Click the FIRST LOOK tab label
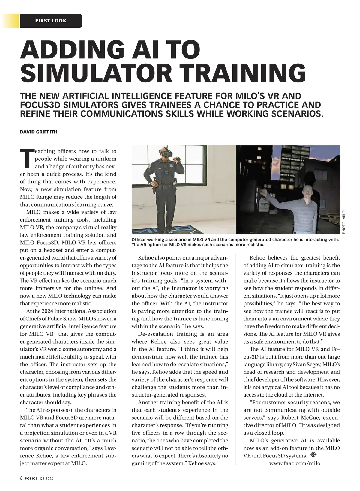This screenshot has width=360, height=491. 51,21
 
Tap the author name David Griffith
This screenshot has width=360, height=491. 38,132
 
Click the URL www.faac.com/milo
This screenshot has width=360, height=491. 295,463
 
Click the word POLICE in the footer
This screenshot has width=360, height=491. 31,479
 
